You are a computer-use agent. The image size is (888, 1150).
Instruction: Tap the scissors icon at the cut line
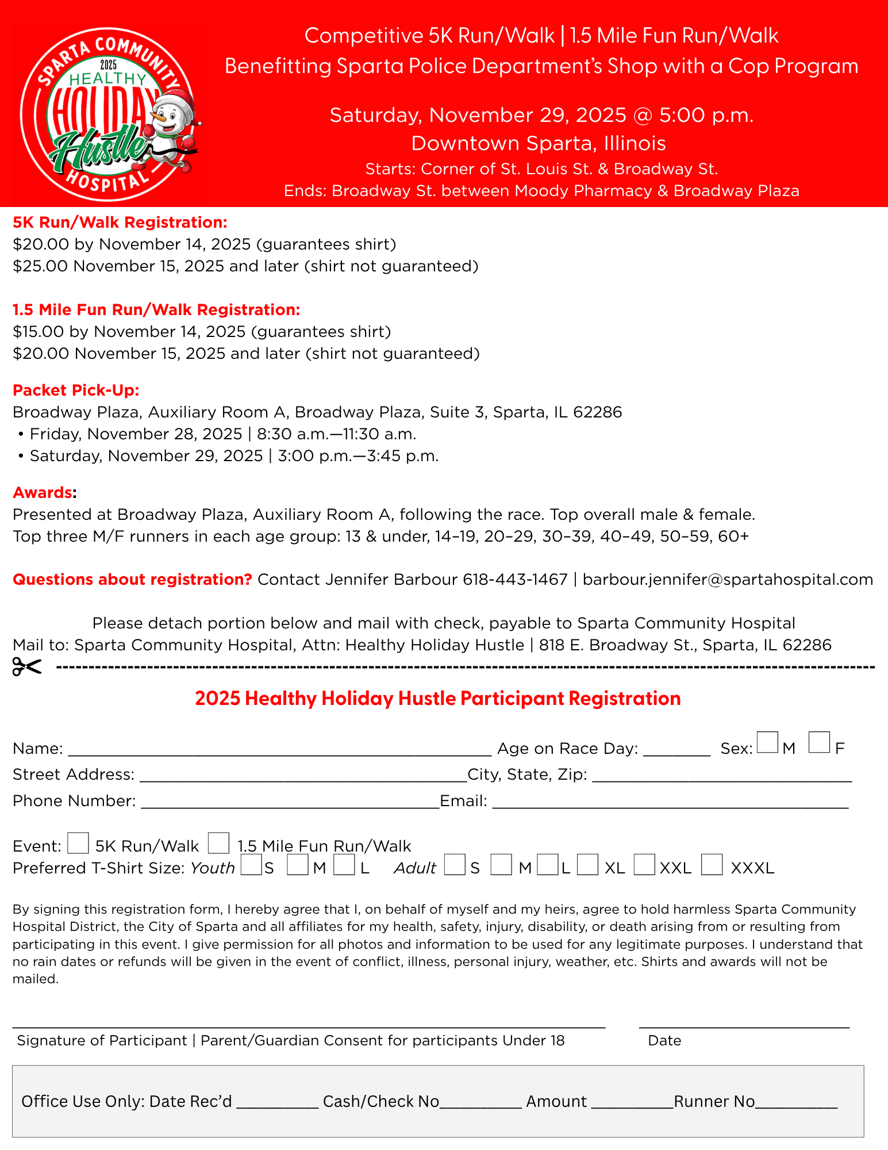27,667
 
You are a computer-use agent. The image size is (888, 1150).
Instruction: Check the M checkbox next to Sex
767,742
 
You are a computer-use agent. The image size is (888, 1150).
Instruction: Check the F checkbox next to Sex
818,742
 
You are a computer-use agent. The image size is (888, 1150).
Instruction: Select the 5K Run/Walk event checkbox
78,843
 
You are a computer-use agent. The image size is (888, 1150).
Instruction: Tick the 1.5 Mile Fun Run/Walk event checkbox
218,843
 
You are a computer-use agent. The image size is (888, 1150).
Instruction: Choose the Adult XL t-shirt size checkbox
587,865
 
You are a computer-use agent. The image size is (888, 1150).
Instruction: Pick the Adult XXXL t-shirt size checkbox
712,865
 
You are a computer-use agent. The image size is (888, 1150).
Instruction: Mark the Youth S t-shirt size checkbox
251,865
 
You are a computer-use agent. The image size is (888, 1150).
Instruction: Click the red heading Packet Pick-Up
76,390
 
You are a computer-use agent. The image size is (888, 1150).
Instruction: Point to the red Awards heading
43,493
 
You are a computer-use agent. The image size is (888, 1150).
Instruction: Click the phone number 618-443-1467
515,580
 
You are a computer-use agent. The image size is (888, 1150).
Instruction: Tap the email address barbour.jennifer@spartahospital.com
728,580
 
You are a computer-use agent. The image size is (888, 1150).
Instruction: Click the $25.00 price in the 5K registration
41,266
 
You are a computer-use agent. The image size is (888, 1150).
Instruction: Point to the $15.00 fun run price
39,332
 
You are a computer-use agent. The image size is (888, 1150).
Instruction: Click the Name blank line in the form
279,749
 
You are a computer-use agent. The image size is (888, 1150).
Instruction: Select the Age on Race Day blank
676,749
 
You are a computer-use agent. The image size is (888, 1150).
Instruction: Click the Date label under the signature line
664,1041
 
